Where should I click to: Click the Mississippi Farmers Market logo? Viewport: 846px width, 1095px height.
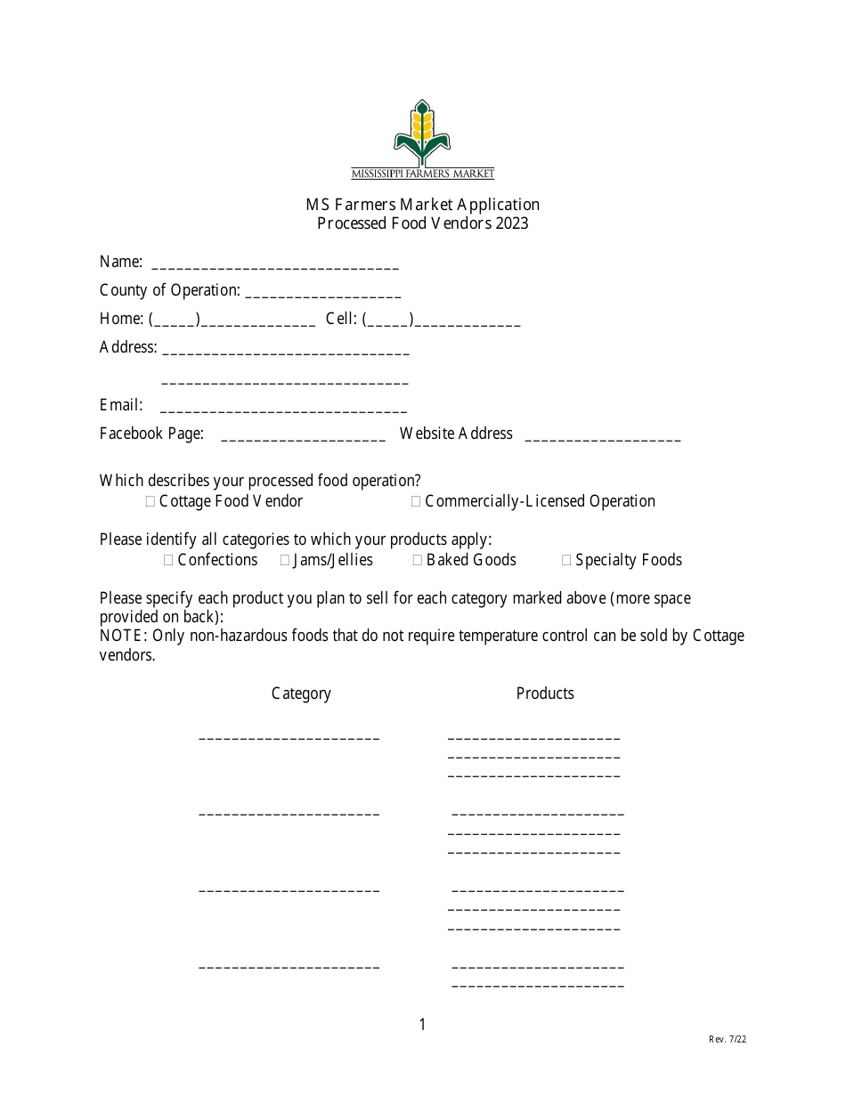click(422, 139)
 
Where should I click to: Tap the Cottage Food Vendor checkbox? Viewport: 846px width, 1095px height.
click(150, 502)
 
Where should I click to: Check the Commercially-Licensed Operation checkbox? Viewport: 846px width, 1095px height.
click(416, 502)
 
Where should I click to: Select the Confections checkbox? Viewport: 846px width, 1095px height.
click(168, 560)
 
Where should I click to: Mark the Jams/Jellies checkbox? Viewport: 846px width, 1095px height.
click(285, 560)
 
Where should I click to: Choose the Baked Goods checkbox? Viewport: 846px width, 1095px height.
click(418, 560)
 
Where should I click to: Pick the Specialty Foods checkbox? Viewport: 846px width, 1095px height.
click(566, 560)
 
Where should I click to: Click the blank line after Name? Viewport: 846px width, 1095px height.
click(275, 265)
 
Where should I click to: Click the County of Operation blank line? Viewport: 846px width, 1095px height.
click(322, 294)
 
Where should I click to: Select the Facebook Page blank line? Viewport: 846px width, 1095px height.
click(303, 438)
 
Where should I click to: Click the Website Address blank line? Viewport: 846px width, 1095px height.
click(603, 438)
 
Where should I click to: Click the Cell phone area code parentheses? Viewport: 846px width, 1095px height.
click(387, 320)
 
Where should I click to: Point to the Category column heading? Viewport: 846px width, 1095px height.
click(301, 693)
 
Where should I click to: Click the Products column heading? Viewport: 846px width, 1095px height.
click(545, 693)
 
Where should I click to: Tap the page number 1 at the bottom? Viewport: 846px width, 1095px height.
click(422, 1025)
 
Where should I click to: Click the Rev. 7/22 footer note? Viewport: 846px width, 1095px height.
click(728, 1039)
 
